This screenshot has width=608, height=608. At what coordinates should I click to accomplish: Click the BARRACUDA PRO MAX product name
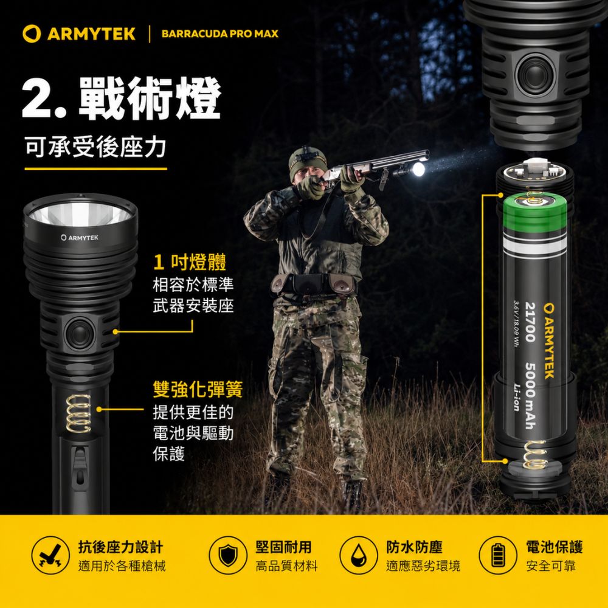220,33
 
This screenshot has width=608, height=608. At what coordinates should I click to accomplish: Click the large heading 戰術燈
150,98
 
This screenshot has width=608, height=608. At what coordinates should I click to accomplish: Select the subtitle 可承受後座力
95,147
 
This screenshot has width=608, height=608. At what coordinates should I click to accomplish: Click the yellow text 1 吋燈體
190,262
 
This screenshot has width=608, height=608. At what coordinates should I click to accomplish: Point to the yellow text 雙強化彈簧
198,389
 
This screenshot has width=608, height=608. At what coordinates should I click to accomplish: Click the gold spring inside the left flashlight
78,413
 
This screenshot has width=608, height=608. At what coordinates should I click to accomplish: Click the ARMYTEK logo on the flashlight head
80,237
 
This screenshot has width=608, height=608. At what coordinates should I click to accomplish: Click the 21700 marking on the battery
530,322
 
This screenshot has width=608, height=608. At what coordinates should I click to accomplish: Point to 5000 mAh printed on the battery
530,396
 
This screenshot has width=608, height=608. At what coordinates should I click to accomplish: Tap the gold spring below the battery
535,454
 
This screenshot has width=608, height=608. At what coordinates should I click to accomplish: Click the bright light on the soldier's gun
418,170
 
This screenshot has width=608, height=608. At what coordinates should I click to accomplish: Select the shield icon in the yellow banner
227,555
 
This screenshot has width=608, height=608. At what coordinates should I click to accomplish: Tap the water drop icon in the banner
358,555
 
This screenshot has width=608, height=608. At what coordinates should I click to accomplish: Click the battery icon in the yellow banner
498,555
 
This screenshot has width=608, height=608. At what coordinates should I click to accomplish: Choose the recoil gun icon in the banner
50,555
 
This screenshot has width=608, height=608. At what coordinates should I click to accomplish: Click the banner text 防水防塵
414,547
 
